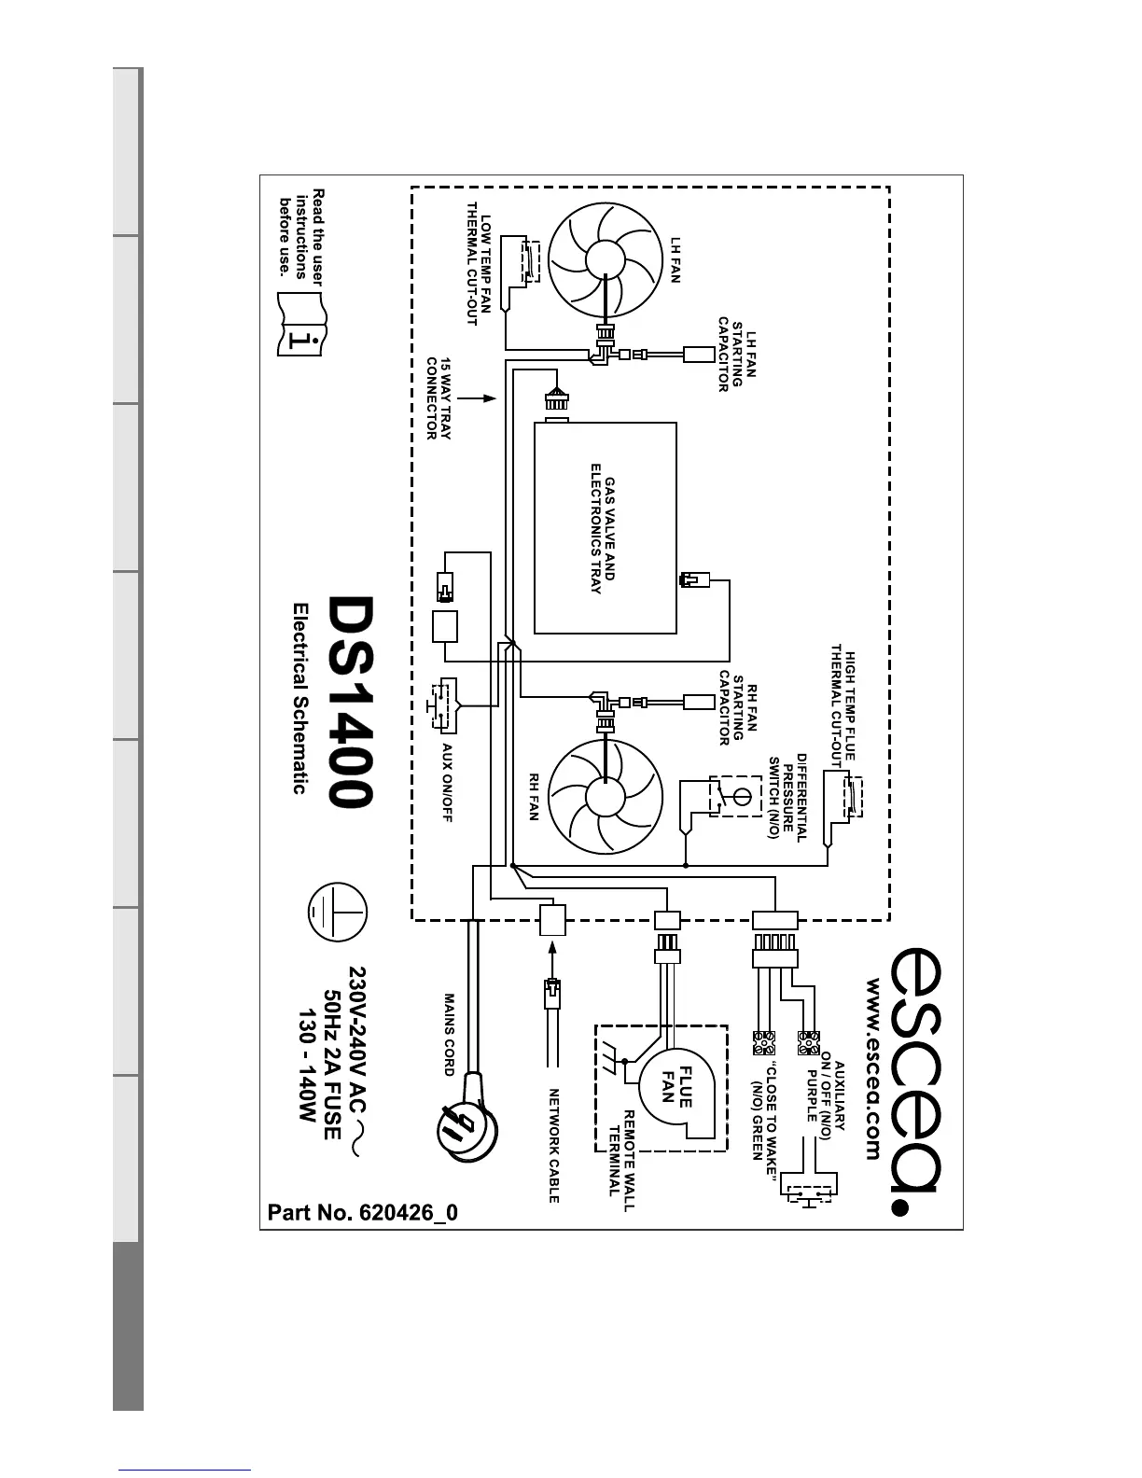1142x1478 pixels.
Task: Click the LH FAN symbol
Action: (x=606, y=263)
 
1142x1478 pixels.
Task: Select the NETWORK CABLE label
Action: (x=553, y=1145)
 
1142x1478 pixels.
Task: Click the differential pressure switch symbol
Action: (x=734, y=796)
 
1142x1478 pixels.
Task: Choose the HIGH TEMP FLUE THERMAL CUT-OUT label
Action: (x=843, y=704)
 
